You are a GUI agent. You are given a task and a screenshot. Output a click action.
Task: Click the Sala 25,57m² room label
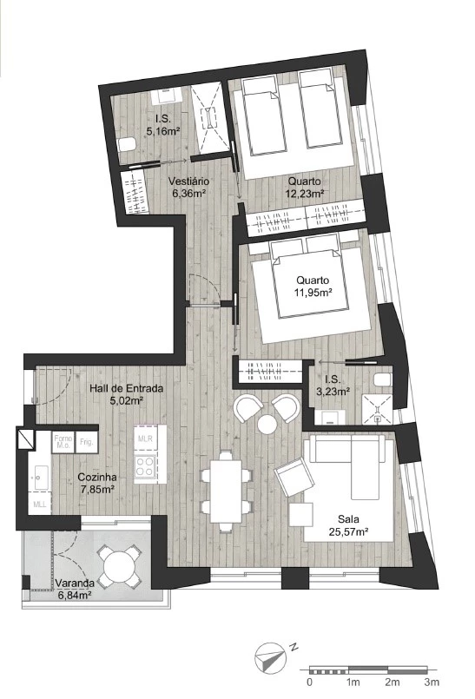pos(353,525)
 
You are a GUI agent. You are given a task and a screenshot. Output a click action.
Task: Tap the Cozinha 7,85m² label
pos(97,483)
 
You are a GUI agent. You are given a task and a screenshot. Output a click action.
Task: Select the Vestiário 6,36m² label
pos(188,188)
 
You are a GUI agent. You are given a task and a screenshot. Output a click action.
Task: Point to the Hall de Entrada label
pos(126,388)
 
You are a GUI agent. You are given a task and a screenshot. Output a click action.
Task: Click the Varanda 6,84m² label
pos(75,589)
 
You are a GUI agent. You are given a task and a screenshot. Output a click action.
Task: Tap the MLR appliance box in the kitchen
pos(145,439)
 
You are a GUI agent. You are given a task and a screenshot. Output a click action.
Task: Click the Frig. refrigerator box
pos(87,442)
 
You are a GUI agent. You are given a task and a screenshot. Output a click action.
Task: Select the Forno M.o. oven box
pos(63,442)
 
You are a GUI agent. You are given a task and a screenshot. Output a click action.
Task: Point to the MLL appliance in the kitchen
pos(40,504)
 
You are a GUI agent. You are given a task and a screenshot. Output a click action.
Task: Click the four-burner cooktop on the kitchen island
pos(145,466)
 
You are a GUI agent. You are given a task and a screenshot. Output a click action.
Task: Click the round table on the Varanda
pos(119,566)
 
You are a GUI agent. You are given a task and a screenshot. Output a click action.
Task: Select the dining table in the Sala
pos(226,491)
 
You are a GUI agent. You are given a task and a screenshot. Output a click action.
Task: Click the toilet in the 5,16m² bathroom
pos(128,145)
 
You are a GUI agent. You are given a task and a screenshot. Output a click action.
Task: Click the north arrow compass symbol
pos(269,658)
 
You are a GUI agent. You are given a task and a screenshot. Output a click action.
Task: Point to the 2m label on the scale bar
pos(392,682)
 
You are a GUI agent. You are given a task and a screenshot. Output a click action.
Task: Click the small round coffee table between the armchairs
pos(267,424)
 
